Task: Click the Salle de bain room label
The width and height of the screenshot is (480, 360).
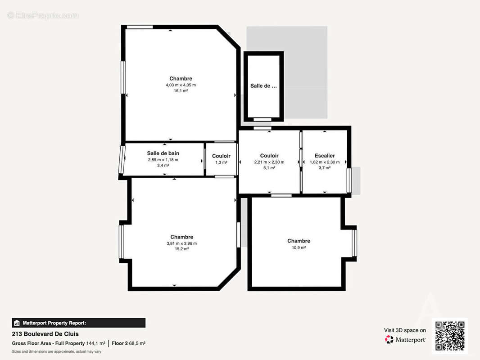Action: pos(163,153)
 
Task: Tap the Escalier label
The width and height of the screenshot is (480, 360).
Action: pos(325,156)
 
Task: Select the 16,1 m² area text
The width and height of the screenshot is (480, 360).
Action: pos(181,91)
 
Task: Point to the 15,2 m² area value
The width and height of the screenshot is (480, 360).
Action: pos(181,249)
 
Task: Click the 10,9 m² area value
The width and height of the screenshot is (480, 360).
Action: pos(299,247)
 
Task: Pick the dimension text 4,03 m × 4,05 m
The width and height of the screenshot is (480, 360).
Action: pos(181,85)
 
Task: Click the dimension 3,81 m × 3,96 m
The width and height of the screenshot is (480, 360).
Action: pos(181,243)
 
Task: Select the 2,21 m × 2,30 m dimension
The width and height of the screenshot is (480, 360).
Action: pos(269,162)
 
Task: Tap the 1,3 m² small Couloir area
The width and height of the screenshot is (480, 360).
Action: pos(221,162)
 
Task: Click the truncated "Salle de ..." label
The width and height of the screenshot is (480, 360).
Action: pos(263,86)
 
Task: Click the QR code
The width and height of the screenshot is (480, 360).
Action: pos(450,336)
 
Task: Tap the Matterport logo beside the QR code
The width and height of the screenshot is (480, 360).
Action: pos(389,339)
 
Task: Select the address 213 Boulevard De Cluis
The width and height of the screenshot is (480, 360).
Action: pos(45,334)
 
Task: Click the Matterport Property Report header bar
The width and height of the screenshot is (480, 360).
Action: pos(79,323)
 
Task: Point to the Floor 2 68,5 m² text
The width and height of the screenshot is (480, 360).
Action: pos(128,343)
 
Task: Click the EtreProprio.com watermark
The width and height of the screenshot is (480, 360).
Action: pos(43,15)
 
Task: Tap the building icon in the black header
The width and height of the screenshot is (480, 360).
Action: pos(17,323)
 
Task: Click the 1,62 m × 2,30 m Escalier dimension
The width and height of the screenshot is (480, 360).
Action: pos(325,162)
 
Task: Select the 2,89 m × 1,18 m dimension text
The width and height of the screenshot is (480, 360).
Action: pos(163,160)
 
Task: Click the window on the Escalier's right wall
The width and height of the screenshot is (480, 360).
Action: pos(349,180)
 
